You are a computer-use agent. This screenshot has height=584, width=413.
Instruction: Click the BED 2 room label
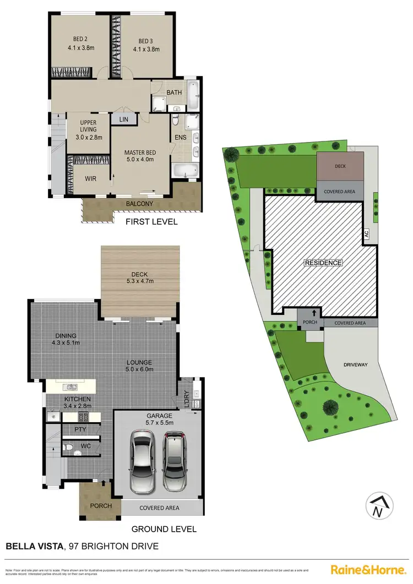pyautogui.click(x=80, y=39)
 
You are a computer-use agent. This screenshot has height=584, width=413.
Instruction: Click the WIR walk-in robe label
pyautogui.click(x=91, y=179)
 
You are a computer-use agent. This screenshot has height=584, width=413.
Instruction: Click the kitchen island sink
pyautogui.click(x=70, y=386)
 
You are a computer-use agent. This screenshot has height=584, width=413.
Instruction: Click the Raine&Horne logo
pyautogui.click(x=367, y=570)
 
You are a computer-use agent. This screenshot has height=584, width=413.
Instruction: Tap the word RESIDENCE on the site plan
pyautogui.click(x=323, y=263)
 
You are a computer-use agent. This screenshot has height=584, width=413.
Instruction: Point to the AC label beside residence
pyautogui.click(x=366, y=234)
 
